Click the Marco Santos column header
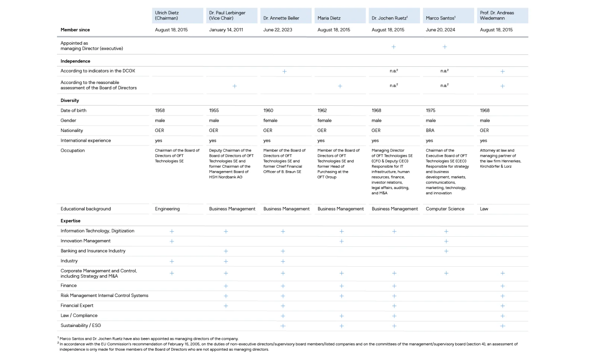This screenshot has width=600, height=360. tap(441, 18)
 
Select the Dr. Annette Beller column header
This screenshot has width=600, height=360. tap(281, 18)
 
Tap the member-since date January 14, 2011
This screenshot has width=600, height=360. tap(226, 30)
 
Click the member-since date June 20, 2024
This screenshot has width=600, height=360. tap(440, 30)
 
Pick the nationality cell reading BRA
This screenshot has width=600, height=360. tap(430, 130)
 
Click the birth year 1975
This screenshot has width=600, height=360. tap(430, 111)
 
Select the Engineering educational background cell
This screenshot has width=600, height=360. tap(167, 209)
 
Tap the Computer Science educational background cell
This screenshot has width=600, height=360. tap(445, 209)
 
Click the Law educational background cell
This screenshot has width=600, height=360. tap(484, 209)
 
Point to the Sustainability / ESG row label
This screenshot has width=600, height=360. tap(81, 325)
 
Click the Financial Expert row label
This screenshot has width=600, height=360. tap(77, 306)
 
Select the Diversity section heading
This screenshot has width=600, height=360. tap(70, 100)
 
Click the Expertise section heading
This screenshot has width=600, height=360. tap(70, 221)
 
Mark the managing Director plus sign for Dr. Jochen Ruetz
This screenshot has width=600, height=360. tap(393, 47)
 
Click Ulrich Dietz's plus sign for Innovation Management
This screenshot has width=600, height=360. tap(172, 241)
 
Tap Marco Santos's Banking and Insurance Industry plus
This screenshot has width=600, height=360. tap(446, 251)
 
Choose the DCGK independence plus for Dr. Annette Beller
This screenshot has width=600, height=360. tap(284, 71)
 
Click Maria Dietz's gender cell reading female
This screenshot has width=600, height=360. tap(324, 121)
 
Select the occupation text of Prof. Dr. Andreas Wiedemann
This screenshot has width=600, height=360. tap(500, 158)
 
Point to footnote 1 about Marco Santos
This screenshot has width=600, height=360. tap(149, 339)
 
